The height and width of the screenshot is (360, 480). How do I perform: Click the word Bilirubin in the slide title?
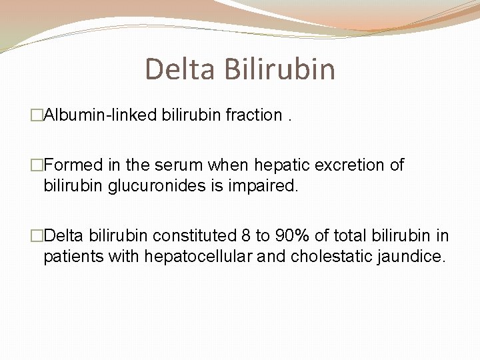coord(280,69)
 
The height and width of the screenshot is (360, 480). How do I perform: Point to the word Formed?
coord(73,165)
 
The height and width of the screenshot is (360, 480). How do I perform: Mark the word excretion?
coord(351,165)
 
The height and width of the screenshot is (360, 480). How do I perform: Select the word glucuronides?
coord(159,185)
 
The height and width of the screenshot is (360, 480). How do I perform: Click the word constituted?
coord(195,236)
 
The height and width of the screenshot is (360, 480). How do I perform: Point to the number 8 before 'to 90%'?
coord(247,236)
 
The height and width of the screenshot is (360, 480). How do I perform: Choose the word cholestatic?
coord(327,256)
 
